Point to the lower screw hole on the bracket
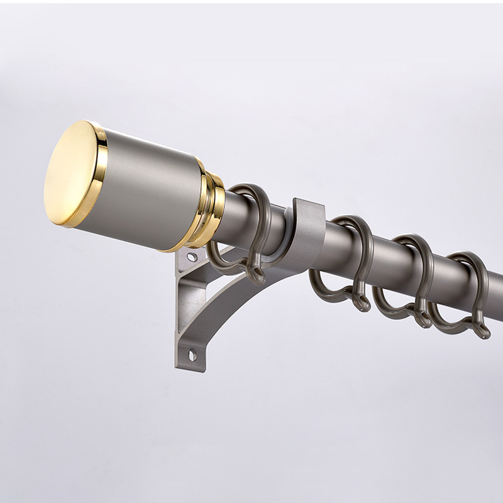point(192,355)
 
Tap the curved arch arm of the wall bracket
point(239,296)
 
